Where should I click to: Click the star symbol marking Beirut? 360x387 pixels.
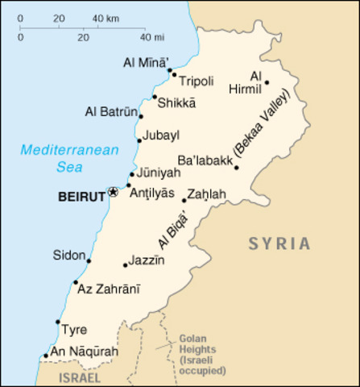point(113,192)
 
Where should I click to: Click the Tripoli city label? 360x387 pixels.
point(196,81)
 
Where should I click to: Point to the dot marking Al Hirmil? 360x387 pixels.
point(267,82)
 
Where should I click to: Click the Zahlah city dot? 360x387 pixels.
point(184,201)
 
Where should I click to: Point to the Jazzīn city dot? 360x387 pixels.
point(125,264)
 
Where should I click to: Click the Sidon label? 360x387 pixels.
point(68,256)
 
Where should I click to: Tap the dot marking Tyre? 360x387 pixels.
point(57,322)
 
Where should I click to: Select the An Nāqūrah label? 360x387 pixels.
point(84,352)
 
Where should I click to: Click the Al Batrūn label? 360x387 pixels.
point(111,112)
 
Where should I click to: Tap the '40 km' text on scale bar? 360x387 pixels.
point(106,17)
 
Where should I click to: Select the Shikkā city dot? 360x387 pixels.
point(155,97)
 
